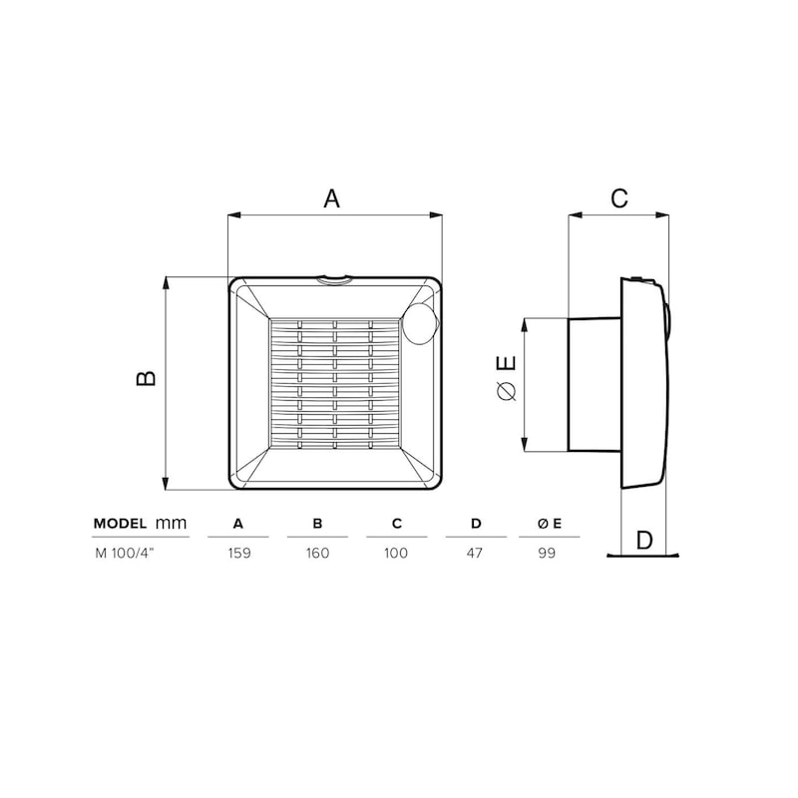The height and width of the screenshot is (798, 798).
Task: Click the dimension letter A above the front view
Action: click(x=331, y=199)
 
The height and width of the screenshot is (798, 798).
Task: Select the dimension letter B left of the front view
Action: click(x=147, y=378)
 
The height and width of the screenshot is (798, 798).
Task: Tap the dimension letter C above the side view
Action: click(x=619, y=198)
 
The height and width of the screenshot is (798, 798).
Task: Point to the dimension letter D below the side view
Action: click(x=644, y=540)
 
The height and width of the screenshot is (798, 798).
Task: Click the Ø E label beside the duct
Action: click(x=507, y=378)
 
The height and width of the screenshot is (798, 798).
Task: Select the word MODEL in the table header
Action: click(x=120, y=523)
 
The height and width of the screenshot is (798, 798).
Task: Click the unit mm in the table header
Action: click(x=171, y=523)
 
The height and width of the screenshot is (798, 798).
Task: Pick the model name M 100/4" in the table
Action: click(x=124, y=554)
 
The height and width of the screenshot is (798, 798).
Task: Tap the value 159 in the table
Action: click(x=239, y=554)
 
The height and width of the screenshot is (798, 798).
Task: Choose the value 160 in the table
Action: click(x=317, y=554)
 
